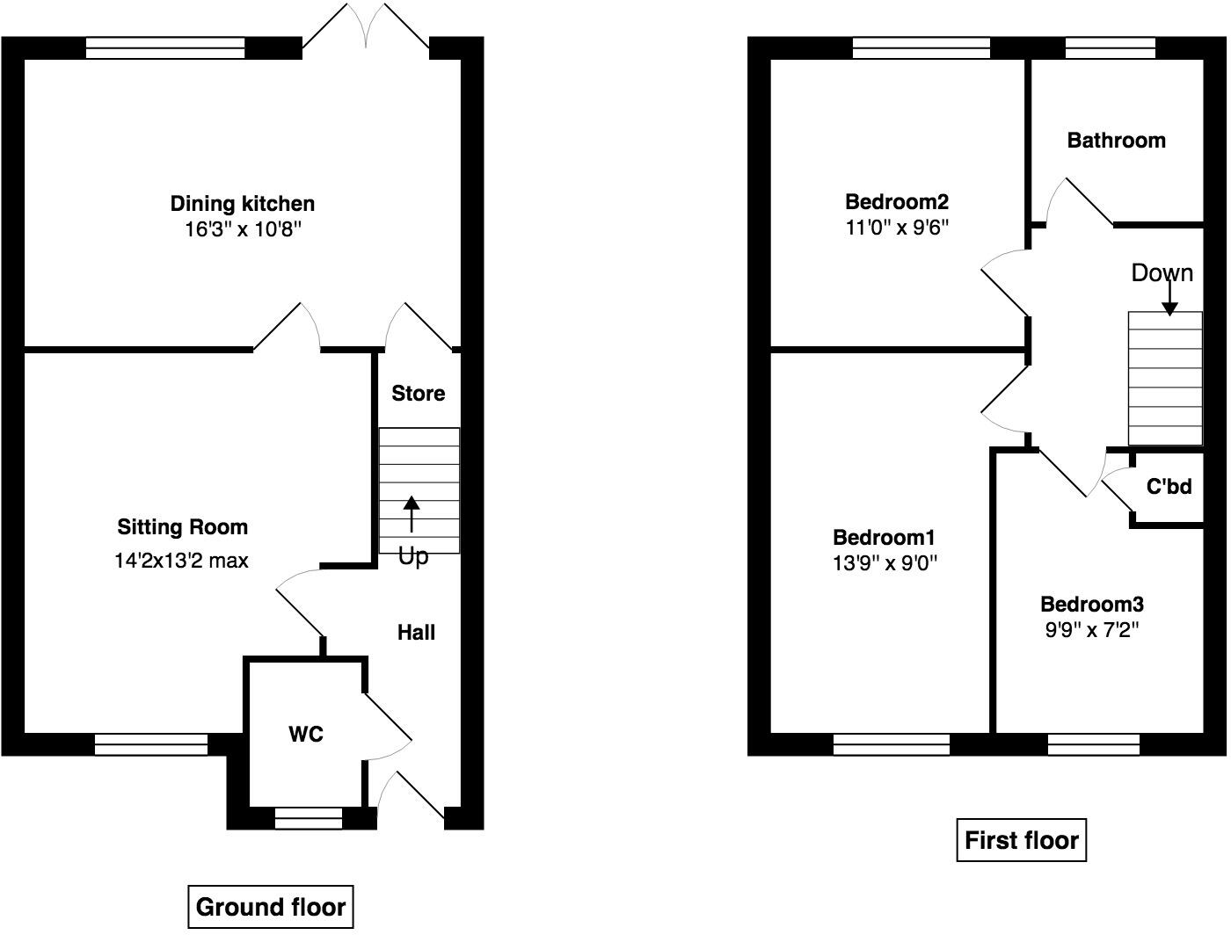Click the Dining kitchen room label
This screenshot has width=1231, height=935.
coord(242,204)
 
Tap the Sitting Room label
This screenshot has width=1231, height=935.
coord(183,527)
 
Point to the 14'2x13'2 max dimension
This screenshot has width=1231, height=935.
coord(181,561)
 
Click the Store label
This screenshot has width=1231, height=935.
coord(418,394)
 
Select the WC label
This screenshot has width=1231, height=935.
coord(306,734)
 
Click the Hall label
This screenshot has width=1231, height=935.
coord(416,633)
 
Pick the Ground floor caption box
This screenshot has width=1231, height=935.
coord(271,907)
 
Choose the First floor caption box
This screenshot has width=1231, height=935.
coord(1021,840)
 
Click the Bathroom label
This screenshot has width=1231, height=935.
coord(1116,141)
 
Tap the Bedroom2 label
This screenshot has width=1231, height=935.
coord(897,201)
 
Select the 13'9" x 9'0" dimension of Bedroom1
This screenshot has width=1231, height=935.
coord(885,563)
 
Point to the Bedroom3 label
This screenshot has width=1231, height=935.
coord(1091,605)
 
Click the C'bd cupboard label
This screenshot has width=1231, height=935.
coord(1169,486)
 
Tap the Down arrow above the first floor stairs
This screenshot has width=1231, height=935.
coord(1169,299)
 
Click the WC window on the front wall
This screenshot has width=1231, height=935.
coord(309,819)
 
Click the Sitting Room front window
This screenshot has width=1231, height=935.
coord(151,744)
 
